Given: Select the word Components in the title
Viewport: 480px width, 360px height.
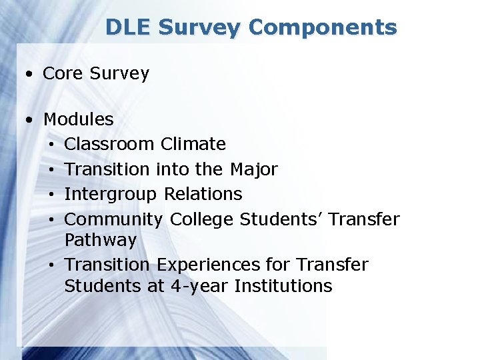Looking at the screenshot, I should pos(323,27).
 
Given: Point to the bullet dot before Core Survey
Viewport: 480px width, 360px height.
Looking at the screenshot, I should pos(30,74).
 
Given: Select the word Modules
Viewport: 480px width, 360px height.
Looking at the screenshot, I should pos(78,120).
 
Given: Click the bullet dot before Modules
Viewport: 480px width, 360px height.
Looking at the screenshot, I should pos(30,121).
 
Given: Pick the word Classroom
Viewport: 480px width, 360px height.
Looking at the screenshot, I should pos(110,144).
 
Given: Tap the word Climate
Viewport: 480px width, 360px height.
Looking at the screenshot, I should pos(193,144).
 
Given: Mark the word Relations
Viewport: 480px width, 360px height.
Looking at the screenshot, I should pos(203,194).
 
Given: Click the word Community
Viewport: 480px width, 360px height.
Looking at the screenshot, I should pos(113,219).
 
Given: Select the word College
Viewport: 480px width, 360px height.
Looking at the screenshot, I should pos(202,219).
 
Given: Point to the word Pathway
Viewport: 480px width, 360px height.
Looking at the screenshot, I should pos(100,240).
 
